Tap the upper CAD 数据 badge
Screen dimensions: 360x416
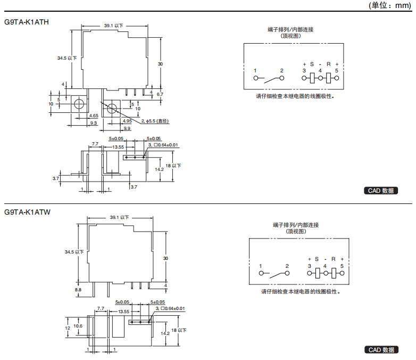point(381,191)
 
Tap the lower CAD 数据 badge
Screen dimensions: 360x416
point(381,350)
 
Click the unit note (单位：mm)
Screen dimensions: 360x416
point(390,5)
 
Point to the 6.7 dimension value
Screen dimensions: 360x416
point(160,94)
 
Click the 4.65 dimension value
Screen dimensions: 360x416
point(94,116)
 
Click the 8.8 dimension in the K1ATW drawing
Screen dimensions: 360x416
point(78,290)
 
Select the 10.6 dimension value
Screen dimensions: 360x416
point(78,326)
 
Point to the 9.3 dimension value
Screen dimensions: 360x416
point(93,123)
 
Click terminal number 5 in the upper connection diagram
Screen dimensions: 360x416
point(337,70)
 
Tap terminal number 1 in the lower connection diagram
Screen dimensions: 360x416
point(261,265)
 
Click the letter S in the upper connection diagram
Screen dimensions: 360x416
point(312,64)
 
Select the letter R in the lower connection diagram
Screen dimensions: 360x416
point(334,259)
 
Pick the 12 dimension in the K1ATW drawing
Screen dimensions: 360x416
point(68,328)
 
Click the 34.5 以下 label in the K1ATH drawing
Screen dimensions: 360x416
point(68,58)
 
